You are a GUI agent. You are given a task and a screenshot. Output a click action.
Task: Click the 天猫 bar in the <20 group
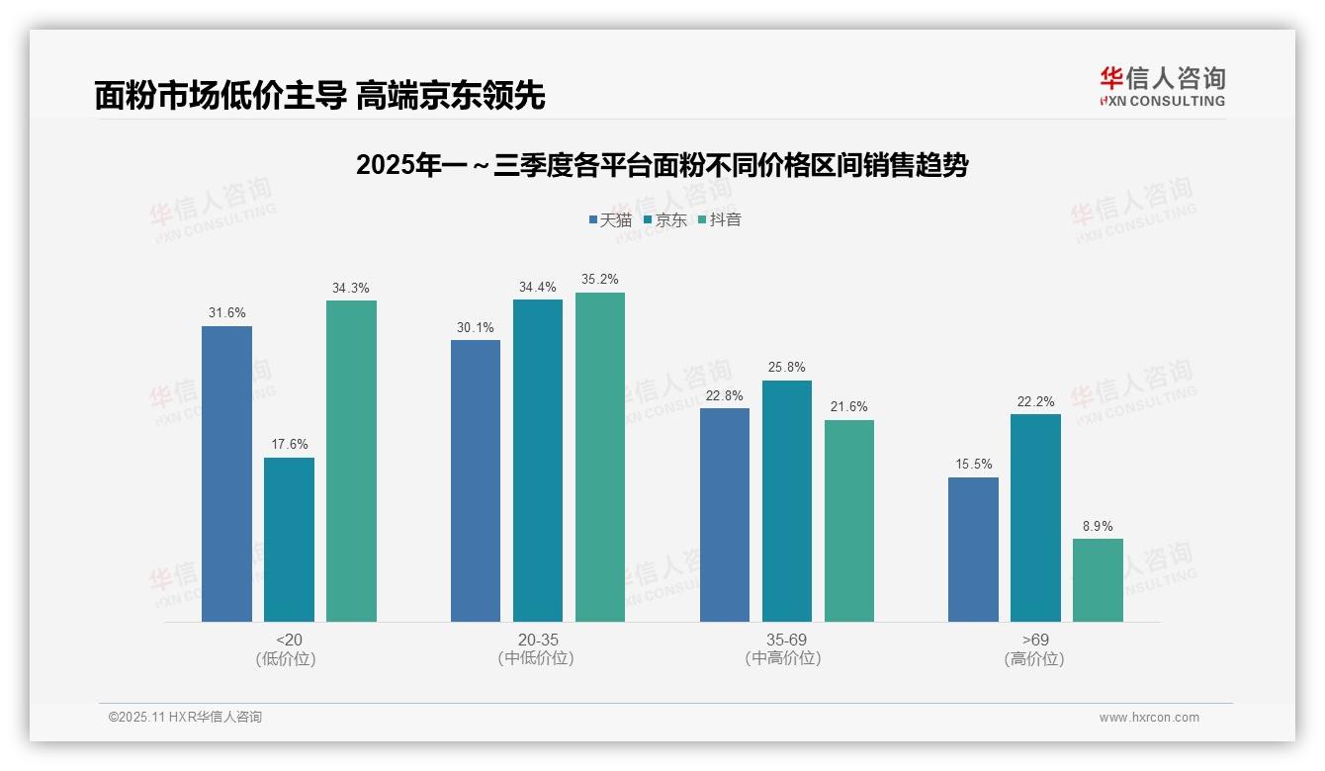click(x=226, y=473)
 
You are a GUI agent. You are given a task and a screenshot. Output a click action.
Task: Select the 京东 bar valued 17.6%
click(x=289, y=539)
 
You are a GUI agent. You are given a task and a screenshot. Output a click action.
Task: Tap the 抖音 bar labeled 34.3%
click(x=351, y=461)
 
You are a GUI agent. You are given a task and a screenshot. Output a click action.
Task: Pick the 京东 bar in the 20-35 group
click(x=537, y=461)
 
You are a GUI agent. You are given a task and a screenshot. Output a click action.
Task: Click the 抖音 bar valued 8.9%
click(x=1098, y=580)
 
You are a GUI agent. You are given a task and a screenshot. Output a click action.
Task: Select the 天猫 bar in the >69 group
click(x=973, y=550)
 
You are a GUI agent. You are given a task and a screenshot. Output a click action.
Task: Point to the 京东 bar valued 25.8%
click(x=786, y=501)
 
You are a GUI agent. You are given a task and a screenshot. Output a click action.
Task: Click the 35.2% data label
click(x=599, y=280)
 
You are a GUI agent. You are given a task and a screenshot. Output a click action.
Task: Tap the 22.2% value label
click(x=1035, y=401)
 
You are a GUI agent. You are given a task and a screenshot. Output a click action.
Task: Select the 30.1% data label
click(x=476, y=327)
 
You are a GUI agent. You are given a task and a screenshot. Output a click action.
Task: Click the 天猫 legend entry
click(x=609, y=219)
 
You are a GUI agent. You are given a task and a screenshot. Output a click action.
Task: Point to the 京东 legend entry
click(x=664, y=219)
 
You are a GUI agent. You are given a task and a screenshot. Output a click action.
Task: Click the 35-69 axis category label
click(x=785, y=640)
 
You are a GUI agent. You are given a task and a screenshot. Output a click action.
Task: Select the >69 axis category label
click(x=1034, y=640)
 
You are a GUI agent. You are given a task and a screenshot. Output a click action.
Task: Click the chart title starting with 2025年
click(x=662, y=165)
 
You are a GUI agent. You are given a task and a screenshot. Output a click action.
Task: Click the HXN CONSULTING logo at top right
click(x=1162, y=86)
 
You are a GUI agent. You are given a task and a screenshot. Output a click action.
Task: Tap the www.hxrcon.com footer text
click(x=1148, y=718)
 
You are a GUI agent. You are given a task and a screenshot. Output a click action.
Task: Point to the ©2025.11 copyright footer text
click(x=185, y=718)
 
